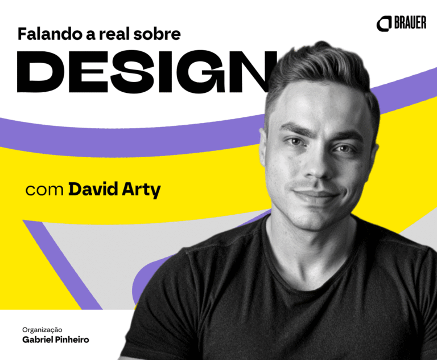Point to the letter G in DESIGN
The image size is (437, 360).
(206, 72)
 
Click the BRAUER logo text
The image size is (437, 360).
(410, 23)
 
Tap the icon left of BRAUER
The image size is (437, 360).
(384, 24)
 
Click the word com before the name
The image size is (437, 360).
(44, 190)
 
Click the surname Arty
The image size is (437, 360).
(141, 190)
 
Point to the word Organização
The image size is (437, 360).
(42, 330)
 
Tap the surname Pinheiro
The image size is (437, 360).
(72, 339)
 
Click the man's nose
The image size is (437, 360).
(315, 167)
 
